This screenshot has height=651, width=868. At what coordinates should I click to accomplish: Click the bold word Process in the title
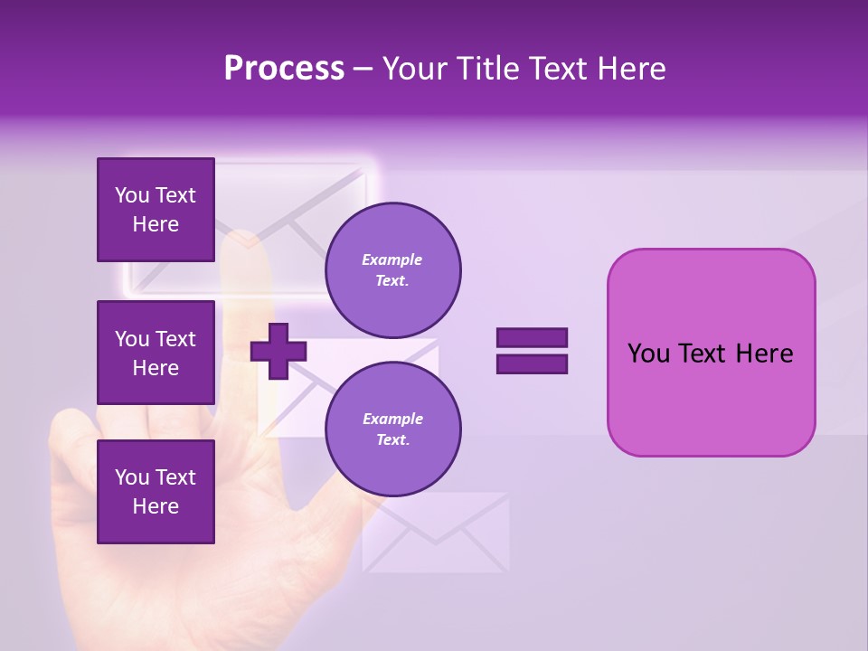coord(284,69)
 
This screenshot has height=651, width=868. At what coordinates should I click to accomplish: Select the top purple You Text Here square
coord(156,210)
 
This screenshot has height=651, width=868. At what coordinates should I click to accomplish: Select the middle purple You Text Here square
coord(156,353)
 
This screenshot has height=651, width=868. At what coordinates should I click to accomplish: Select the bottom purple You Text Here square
coord(156,491)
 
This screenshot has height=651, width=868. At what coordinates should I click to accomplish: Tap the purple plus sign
coord(278,351)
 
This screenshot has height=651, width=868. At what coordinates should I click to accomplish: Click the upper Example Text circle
coord(392,269)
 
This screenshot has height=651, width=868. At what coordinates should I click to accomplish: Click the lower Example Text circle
coord(392,429)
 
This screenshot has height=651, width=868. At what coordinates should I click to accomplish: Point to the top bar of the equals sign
coord(532,337)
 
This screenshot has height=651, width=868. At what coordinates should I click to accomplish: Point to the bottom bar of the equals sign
coord(532,364)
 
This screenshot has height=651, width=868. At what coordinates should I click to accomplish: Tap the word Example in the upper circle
coord(392,259)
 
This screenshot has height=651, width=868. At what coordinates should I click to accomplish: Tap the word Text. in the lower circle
coord(392,439)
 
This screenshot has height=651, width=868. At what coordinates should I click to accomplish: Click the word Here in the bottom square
coord(156,506)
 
